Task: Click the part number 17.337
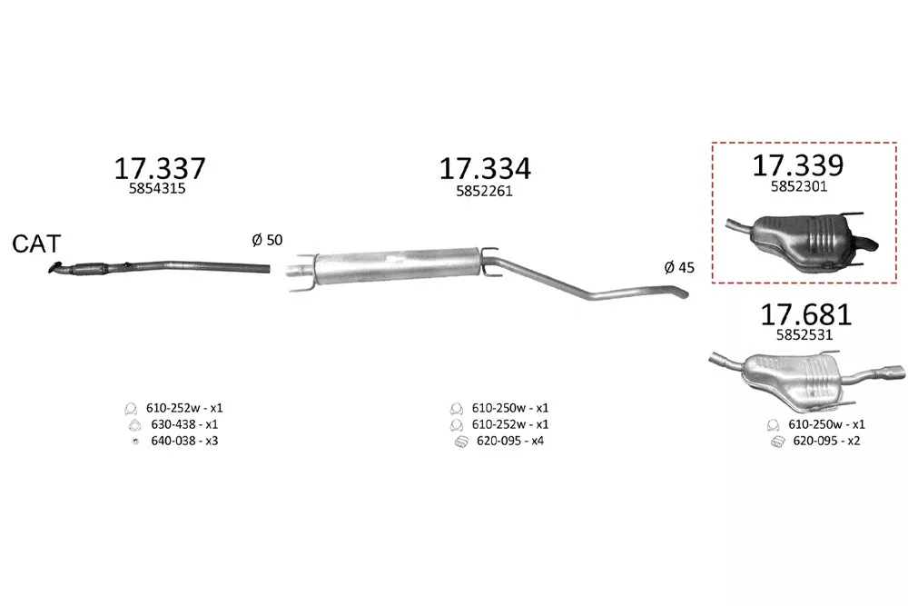tap(160, 169)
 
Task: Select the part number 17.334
tap(485, 169)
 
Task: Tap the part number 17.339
tap(798, 165)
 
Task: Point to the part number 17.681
tap(805, 314)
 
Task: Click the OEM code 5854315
tap(157, 189)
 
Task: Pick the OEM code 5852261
tap(484, 191)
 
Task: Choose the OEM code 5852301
tap(798, 186)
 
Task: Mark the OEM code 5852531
tap(804, 335)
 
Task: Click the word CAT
tap(36, 243)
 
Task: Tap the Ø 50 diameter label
tap(267, 240)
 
